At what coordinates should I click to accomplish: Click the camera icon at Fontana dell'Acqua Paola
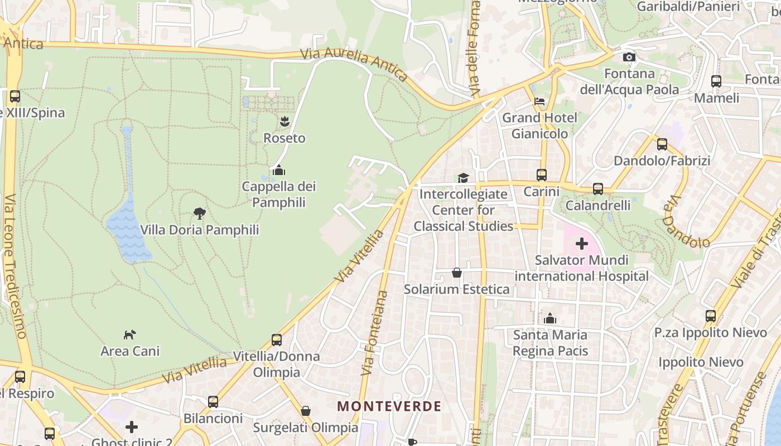629,57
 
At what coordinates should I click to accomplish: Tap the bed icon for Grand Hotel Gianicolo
539,101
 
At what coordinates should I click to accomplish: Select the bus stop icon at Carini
541,175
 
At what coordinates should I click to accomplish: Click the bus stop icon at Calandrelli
598,189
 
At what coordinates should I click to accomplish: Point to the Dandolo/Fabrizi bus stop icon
662,144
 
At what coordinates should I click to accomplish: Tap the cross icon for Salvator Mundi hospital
581,244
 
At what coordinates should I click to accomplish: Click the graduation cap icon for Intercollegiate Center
463,178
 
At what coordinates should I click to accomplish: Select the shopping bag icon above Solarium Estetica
456,273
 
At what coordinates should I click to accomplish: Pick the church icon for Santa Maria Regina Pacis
550,318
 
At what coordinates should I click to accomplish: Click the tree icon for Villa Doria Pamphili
199,213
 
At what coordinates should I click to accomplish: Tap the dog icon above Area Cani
129,334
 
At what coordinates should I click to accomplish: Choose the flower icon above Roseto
285,121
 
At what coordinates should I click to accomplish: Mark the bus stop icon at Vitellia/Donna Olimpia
276,340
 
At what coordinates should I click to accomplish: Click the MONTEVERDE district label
389,406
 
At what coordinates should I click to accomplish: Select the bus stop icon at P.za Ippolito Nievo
710,316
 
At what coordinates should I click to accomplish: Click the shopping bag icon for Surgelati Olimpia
305,411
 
